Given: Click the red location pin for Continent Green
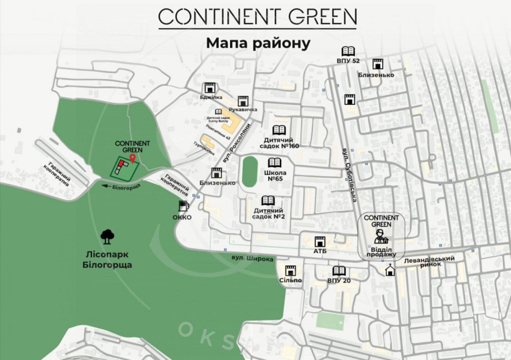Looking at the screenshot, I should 132,158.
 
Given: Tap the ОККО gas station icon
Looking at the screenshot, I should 182,206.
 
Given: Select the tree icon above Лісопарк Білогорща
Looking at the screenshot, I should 107,236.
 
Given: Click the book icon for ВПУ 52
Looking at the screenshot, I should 348,51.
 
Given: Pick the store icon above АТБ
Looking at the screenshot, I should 320,241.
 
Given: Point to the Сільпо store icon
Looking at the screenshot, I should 291,270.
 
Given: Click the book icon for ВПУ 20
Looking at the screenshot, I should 339,271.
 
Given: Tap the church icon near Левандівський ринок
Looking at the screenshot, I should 390,270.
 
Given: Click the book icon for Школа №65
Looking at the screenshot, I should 275,162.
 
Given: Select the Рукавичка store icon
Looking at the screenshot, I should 243,101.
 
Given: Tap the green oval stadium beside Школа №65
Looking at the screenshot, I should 249,172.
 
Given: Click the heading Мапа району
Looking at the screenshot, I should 258,43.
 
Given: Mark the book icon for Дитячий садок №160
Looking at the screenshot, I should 279,130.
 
